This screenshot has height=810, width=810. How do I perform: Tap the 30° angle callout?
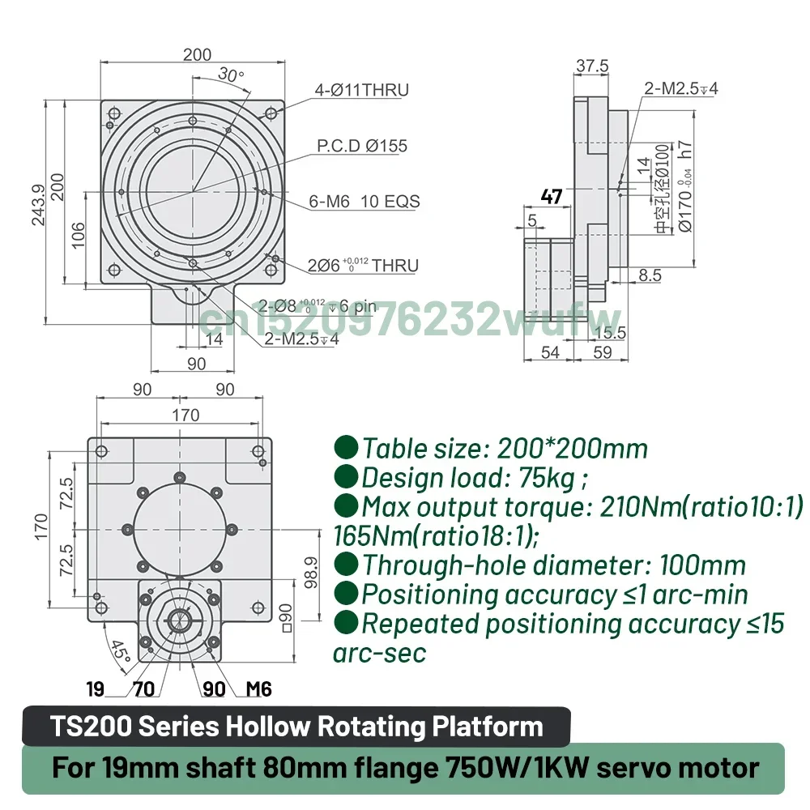point(231,75)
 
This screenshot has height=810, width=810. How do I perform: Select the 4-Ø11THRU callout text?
point(360,90)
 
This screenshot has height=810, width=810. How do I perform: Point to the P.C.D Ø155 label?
point(361,147)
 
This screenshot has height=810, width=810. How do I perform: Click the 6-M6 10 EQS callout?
point(364,202)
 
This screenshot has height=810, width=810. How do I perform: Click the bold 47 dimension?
point(552,196)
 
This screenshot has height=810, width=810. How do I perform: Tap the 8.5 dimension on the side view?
point(650,275)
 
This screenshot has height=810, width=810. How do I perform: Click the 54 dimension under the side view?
point(550,352)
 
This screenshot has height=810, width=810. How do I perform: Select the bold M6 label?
point(258,689)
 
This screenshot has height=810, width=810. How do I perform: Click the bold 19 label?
point(96,689)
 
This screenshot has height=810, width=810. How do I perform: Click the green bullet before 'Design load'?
point(347,478)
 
